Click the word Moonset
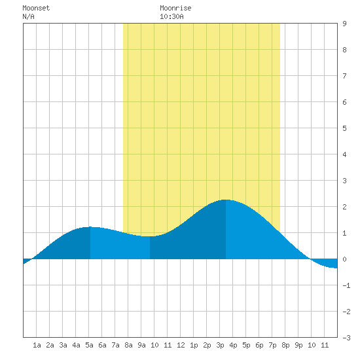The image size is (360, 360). (x=36, y=8)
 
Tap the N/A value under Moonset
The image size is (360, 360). (x=28, y=16)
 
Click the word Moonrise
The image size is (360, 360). (x=175, y=8)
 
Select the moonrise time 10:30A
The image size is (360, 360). (x=171, y=16)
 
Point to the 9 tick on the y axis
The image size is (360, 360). (x=344, y=24)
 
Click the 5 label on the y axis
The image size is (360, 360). (x=344, y=128)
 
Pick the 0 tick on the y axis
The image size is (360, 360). (x=344, y=259)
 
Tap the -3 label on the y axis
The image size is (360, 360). (x=346, y=338)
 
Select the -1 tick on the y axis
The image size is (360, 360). (x=346, y=285)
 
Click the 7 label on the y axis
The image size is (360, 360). (x=344, y=76)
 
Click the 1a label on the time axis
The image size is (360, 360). (x=37, y=345)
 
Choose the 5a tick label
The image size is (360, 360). (x=89, y=345)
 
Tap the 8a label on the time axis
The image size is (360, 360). (x=128, y=345)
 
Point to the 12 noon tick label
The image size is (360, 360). (x=181, y=345)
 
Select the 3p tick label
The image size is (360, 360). (x=220, y=345)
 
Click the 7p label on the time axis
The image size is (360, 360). (x=272, y=345)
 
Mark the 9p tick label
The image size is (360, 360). (x=298, y=345)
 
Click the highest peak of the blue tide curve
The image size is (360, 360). (x=226, y=200)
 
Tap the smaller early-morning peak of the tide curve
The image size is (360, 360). (x=90, y=227)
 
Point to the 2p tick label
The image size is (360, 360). (x=207, y=345)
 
